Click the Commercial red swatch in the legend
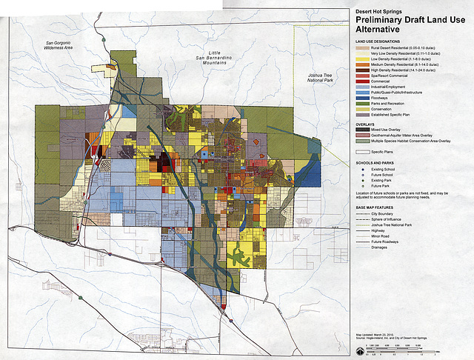click(x=362, y=81)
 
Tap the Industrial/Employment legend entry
click(x=393, y=87)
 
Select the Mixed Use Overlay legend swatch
click(x=362, y=130)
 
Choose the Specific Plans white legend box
click(x=362, y=151)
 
